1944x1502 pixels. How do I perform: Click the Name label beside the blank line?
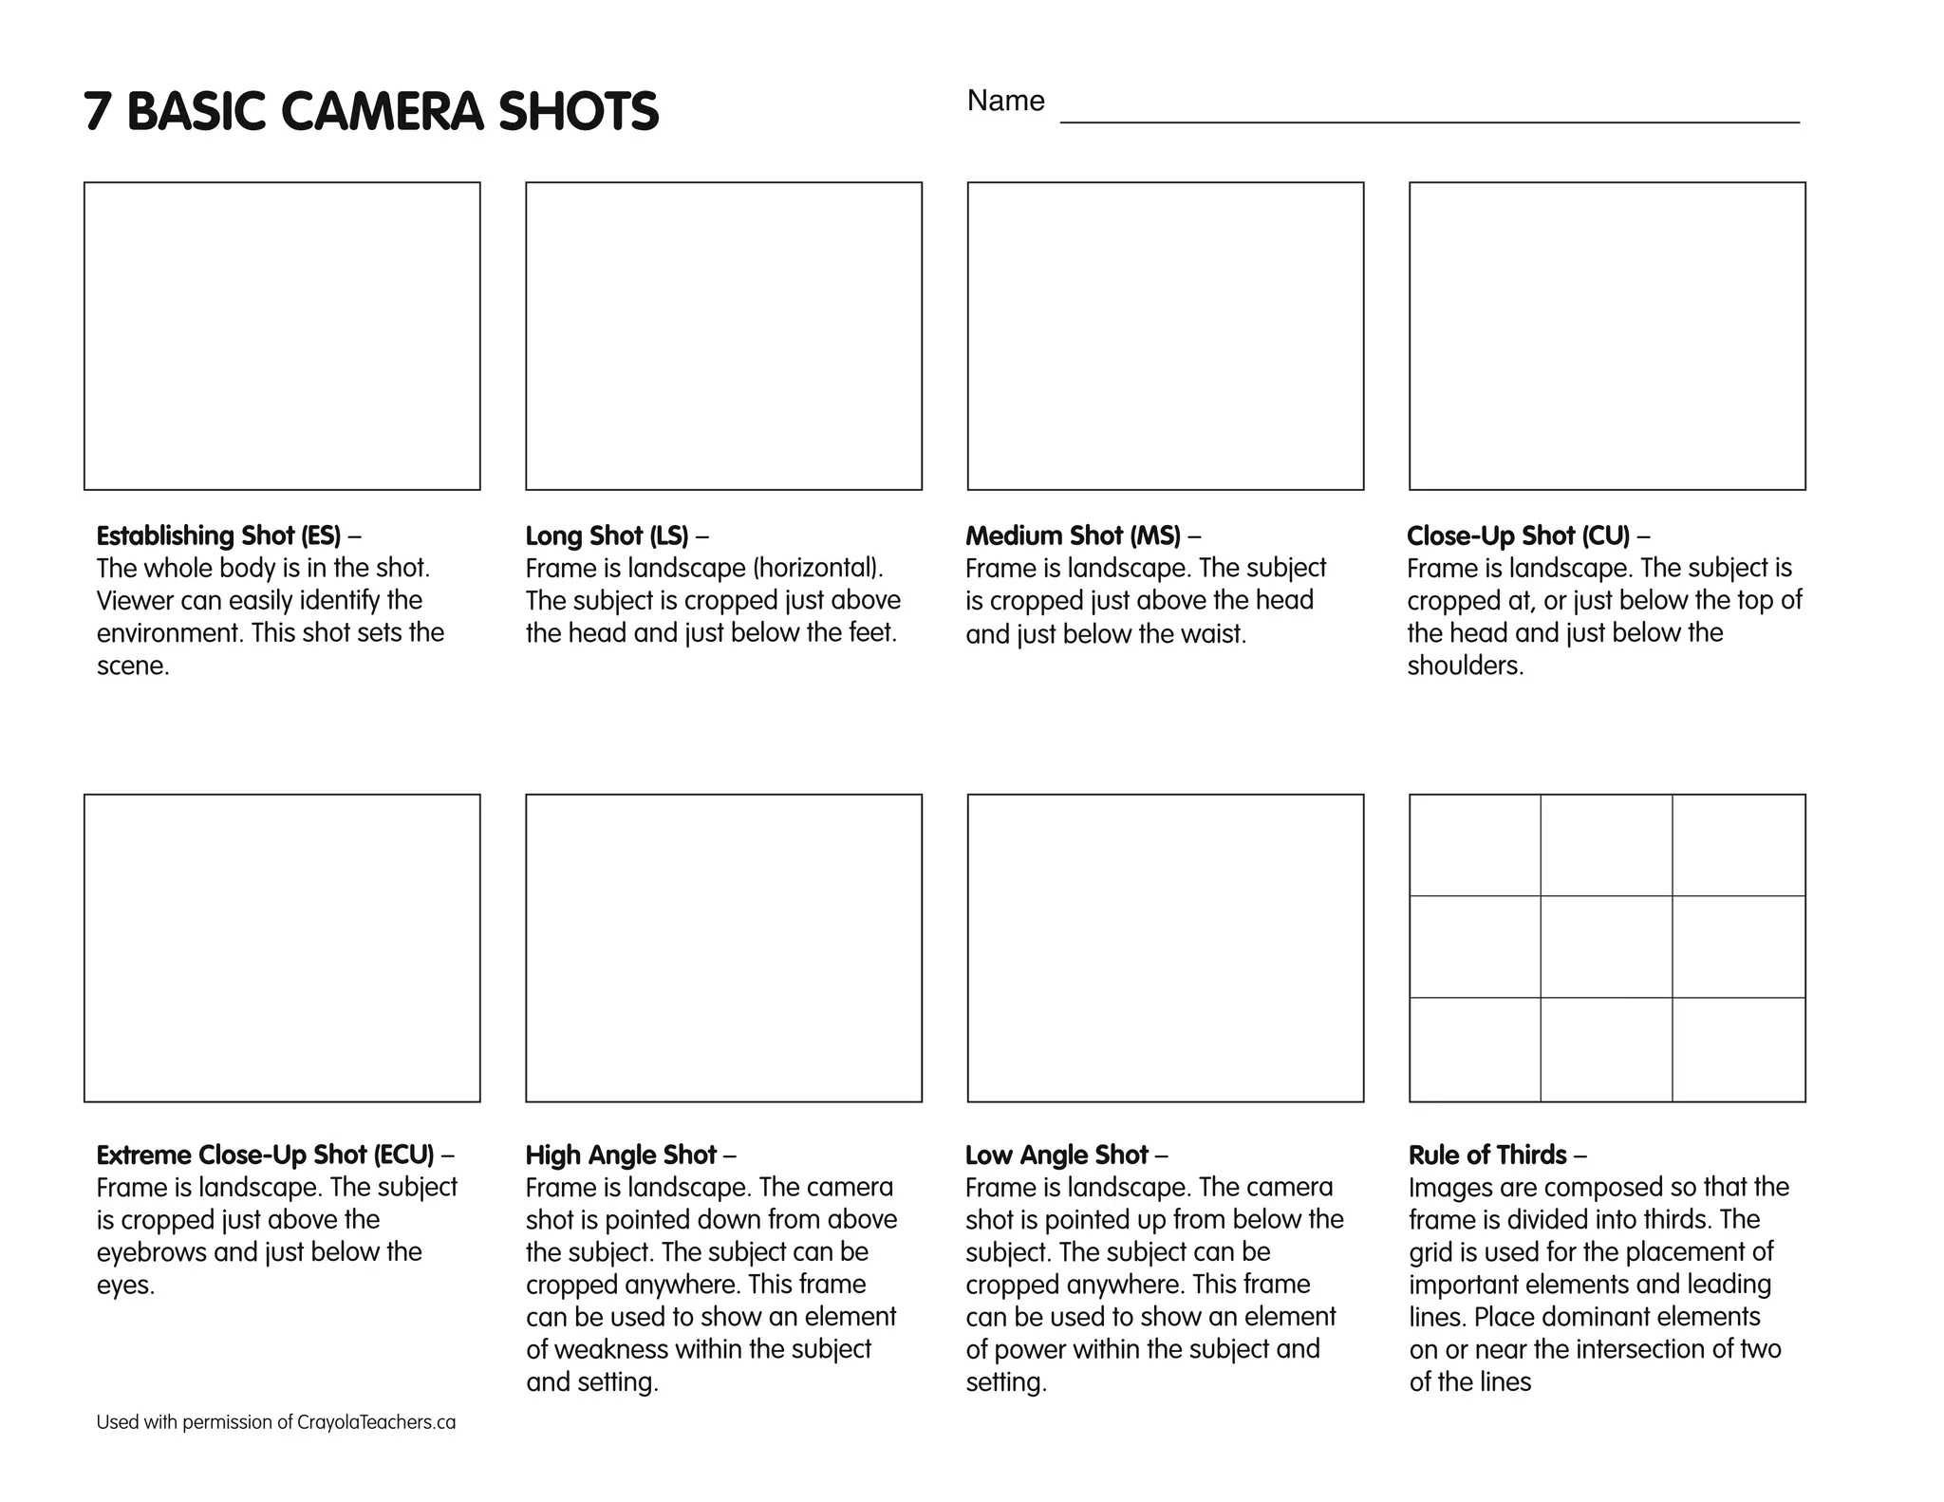tap(1005, 101)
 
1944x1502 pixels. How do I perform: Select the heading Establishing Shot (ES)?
tap(218, 535)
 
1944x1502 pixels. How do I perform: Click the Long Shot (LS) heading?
tap(607, 535)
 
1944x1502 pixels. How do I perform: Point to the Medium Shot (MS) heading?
tap(1074, 535)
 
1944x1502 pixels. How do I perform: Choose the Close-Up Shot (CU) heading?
tap(1518, 535)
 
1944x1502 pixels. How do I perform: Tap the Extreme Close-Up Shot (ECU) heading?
tap(265, 1155)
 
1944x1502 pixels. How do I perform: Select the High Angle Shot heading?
tap(621, 1155)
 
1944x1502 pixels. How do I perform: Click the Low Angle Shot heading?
tap(1056, 1155)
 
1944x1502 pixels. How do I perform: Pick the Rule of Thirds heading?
tap(1487, 1155)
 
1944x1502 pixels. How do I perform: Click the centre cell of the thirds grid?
tap(1606, 947)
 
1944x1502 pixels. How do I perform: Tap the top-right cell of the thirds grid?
tap(1738, 845)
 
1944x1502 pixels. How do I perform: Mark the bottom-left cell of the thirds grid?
tap(1475, 1049)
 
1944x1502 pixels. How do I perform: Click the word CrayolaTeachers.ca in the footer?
tap(376, 1422)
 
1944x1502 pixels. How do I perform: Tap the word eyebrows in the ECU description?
tap(152, 1252)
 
